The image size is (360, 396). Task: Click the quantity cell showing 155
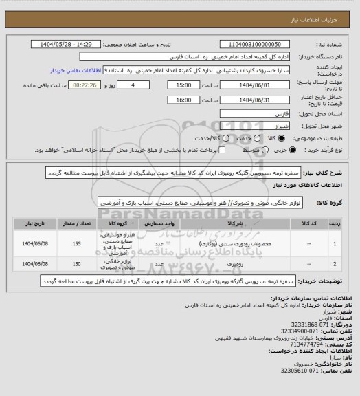(76, 243)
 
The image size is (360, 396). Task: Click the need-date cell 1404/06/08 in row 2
(33, 263)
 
